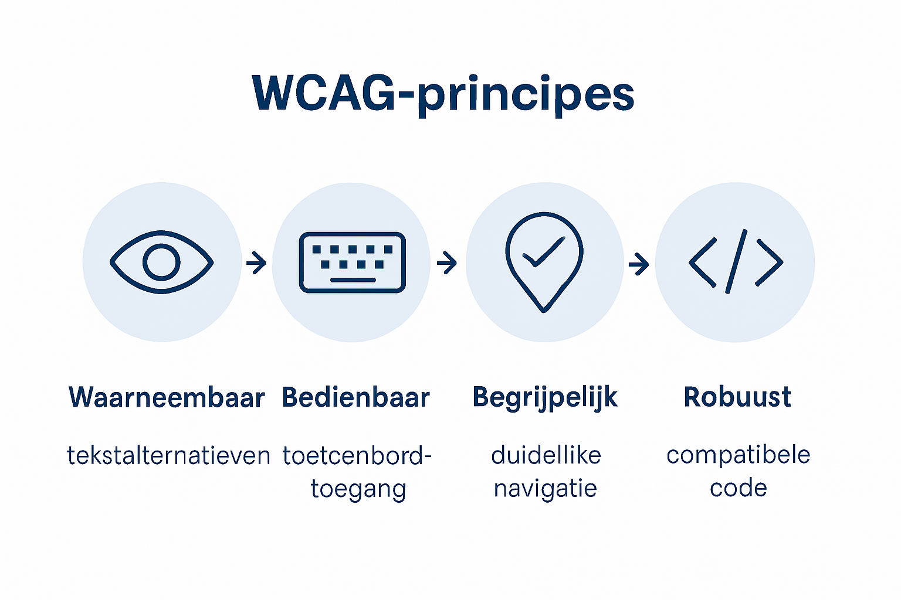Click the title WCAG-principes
point(443,94)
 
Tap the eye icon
point(162,262)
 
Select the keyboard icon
point(352,262)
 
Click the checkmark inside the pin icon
point(544,252)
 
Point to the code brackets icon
point(736,262)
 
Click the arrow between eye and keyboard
point(256,262)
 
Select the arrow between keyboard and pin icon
point(447,262)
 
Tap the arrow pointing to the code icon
point(638,264)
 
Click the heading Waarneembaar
point(167,397)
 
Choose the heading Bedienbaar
point(356,397)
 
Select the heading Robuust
point(737,397)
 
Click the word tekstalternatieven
point(168,455)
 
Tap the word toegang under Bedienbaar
point(358,489)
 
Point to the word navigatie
point(546,489)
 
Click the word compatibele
point(738,455)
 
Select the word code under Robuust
point(738,488)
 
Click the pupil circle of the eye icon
point(162,262)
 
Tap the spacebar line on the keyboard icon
point(353,279)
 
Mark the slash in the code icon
point(736,262)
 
